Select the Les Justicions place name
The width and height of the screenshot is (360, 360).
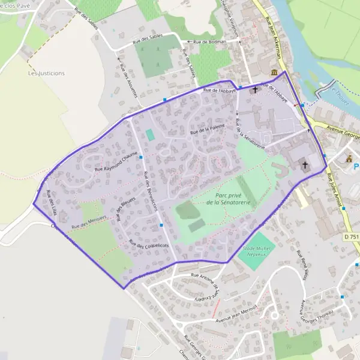(46, 73)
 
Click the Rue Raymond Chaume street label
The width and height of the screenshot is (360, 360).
(117, 162)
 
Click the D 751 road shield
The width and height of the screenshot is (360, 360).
(352, 237)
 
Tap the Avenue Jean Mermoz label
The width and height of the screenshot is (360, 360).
(236, 313)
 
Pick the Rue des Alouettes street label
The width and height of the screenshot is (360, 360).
(128, 79)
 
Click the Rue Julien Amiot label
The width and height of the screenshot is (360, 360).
(335, 191)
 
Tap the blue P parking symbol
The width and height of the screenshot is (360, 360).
(356, 166)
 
